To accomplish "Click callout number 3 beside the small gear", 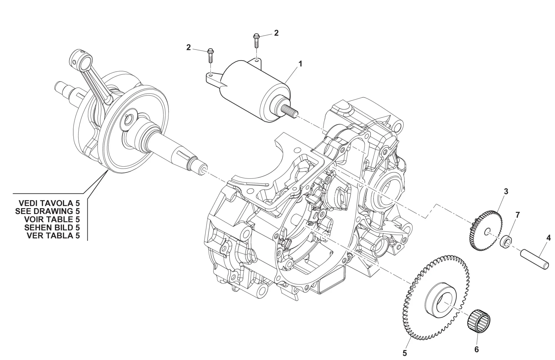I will pos(506,191).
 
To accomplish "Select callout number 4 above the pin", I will pos(548,238).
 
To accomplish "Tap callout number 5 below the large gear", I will pos(405,353).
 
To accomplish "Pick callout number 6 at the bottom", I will pos(476,349).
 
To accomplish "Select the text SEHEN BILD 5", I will pos(52,228).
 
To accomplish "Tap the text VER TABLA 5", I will pos(53,236).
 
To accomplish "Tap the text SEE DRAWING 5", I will pos(47,211).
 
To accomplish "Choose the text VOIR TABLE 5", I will pos(52,219).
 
